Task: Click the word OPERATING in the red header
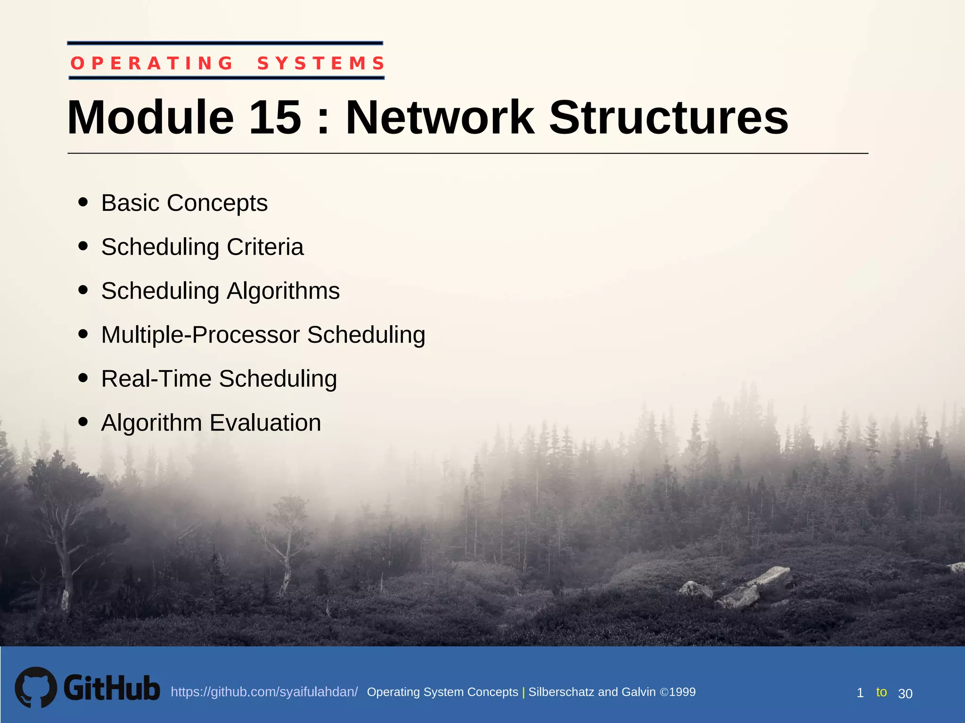[152, 63]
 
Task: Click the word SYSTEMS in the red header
[321, 63]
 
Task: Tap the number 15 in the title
[275, 118]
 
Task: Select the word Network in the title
[440, 118]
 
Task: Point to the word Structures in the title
[668, 118]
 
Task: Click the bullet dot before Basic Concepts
[83, 202]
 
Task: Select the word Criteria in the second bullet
[265, 247]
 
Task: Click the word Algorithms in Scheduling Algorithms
[283, 291]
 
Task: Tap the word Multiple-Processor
[200, 335]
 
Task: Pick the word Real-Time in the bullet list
[156, 379]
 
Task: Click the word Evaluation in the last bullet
[265, 423]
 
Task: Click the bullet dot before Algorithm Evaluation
[83, 421]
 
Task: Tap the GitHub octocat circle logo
[36, 687]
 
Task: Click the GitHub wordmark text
[112, 688]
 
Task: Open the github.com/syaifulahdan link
[264, 692]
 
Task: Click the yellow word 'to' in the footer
[881, 692]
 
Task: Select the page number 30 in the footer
[905, 693]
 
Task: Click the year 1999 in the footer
[682, 692]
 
